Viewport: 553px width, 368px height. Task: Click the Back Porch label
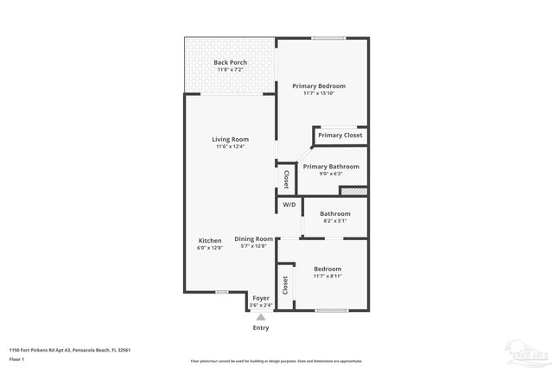[231, 62]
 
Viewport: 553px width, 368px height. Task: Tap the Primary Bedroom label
[319, 86]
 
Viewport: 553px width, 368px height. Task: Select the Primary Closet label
[340, 135]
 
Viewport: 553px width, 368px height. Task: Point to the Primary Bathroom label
[330, 166]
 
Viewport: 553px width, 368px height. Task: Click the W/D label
[289, 205]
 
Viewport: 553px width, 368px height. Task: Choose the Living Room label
[231, 139]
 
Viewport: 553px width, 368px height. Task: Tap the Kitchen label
[210, 240]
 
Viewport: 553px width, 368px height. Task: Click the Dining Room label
[254, 238]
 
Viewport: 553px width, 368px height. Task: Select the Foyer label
[261, 298]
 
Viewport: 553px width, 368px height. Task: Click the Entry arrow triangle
[261, 317]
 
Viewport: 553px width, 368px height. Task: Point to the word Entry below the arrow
[261, 327]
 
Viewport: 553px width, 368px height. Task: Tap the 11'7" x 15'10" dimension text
[319, 93]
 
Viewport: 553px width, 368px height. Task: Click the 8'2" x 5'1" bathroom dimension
[334, 221]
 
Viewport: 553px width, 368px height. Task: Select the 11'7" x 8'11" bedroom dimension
[327, 276]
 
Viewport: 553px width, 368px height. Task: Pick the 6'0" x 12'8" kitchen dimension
[210, 248]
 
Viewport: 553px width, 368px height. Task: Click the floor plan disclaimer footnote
[276, 361]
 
